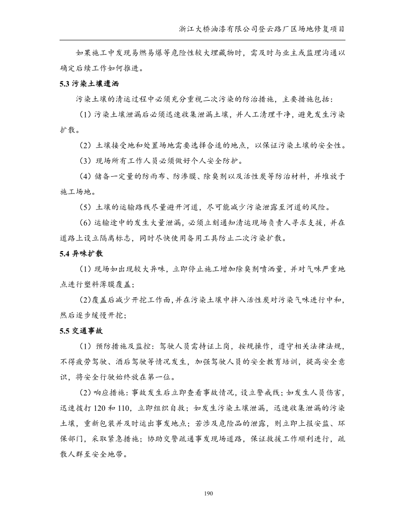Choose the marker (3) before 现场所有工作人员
85,161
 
